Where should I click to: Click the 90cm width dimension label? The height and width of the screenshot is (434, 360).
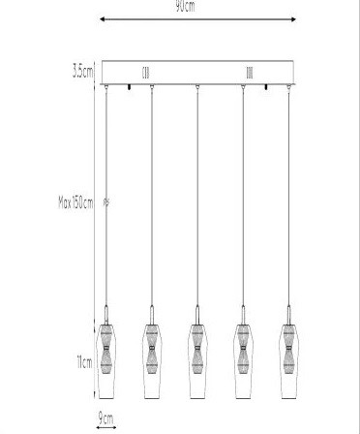pyautogui.click(x=184, y=5)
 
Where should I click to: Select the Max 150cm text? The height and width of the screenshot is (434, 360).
pyautogui.click(x=79, y=202)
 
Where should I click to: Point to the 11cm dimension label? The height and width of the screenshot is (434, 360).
pyautogui.click(x=85, y=362)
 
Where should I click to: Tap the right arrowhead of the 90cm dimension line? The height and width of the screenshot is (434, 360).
pyautogui.click(x=296, y=16)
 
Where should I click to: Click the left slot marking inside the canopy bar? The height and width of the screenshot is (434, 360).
pyautogui.click(x=147, y=72)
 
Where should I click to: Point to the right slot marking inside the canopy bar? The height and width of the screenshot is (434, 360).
pyautogui.click(x=250, y=72)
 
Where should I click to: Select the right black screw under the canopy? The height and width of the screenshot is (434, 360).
pyautogui.click(x=265, y=89)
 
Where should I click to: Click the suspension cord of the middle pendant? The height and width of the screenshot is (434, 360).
pyautogui.click(x=197, y=194)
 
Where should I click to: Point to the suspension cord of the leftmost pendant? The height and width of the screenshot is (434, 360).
pyautogui.click(x=106, y=194)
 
